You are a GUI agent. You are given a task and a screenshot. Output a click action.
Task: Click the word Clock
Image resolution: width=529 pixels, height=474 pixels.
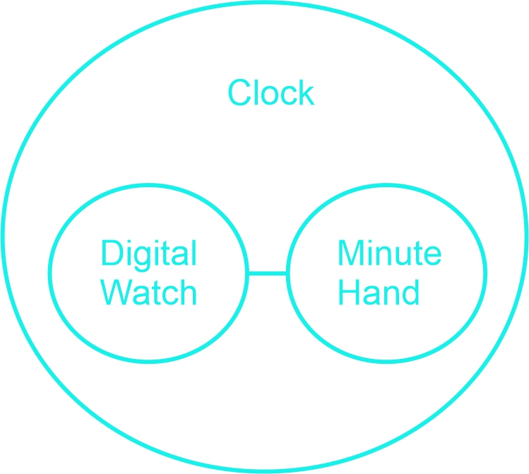click(271, 93)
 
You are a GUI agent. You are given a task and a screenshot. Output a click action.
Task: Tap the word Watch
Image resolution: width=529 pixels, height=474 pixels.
click(149, 292)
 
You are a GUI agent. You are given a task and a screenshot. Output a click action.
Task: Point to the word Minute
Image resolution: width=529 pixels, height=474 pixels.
click(390, 253)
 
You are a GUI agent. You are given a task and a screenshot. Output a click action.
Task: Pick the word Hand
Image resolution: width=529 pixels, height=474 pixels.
click(379, 292)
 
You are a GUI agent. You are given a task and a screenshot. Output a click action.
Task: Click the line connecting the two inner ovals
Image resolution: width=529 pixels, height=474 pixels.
click(268, 273)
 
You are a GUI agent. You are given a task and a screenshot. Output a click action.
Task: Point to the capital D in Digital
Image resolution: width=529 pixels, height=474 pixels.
click(111, 253)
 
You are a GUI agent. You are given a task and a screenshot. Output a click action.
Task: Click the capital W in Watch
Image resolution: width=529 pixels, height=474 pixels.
click(116, 292)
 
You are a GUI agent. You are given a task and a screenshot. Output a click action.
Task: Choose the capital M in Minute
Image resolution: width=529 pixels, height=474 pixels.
click(350, 253)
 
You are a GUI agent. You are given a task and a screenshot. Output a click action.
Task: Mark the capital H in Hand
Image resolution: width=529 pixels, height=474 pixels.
click(348, 292)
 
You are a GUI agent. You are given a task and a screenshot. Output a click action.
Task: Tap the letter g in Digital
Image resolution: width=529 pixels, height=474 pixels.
click(143, 259)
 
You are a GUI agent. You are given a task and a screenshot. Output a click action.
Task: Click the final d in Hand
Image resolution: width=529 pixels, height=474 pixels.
click(410, 292)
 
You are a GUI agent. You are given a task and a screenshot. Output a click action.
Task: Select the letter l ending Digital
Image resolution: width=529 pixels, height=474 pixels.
click(194, 253)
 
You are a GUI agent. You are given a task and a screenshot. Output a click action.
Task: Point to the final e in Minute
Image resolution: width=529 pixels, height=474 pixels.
click(432, 256)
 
